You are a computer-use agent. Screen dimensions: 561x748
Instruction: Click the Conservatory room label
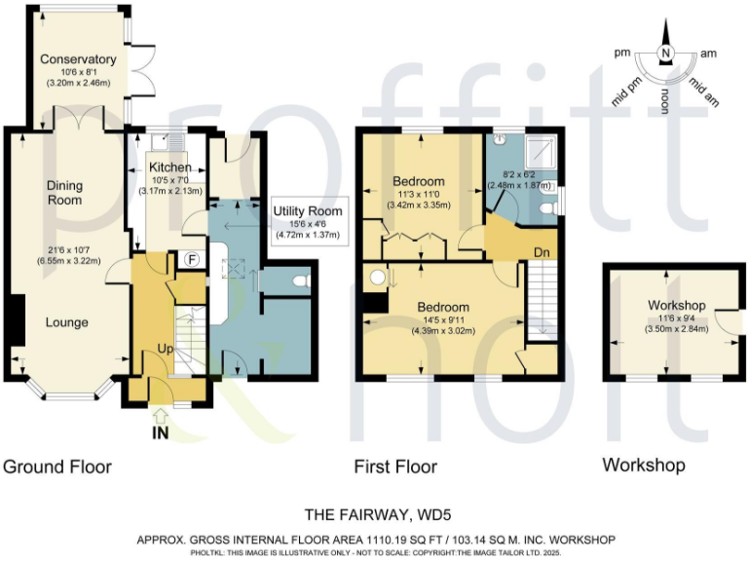[x=78, y=59]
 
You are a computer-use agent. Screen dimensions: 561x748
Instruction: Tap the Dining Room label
[x=65, y=192]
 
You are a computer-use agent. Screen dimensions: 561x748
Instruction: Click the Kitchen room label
[x=169, y=168]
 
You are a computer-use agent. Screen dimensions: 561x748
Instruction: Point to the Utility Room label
[x=306, y=210]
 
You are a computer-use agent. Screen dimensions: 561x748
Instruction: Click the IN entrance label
[x=161, y=433]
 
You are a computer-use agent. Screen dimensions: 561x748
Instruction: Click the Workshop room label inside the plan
[x=676, y=306]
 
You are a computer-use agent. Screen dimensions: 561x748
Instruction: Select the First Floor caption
[x=395, y=467]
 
